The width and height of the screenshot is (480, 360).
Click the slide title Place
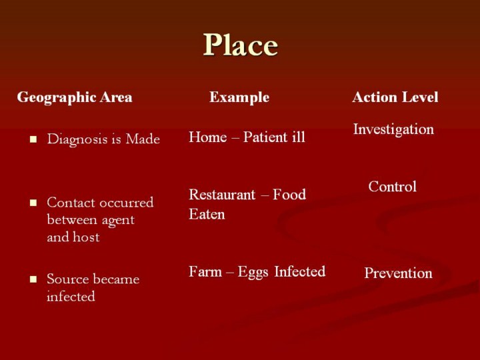240,45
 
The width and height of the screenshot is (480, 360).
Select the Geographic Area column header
75,97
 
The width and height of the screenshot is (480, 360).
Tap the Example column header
239,97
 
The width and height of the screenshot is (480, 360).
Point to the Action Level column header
395,97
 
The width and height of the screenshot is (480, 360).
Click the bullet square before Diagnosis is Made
33,140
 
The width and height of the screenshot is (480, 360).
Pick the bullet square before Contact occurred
33,203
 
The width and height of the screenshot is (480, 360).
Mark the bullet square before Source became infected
33,279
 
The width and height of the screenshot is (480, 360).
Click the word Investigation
393,129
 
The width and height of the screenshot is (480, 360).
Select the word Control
393,187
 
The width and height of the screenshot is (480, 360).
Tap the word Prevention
398,273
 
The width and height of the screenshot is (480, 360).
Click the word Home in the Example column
208,137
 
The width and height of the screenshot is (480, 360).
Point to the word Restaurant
222,195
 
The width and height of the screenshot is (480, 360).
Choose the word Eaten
207,214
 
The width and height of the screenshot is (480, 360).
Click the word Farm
205,271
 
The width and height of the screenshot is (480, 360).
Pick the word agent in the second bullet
118,221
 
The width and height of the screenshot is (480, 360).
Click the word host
86,237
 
